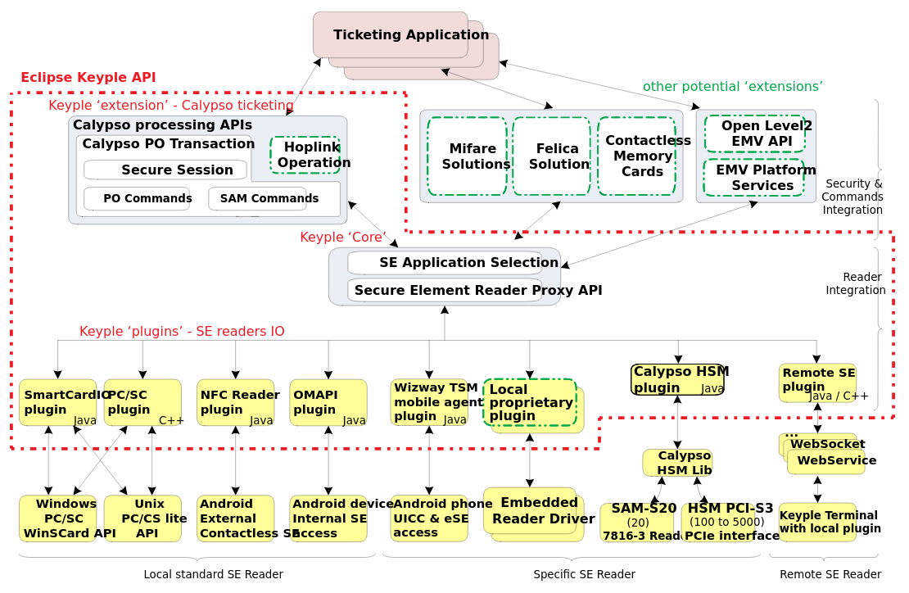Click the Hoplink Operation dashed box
[305, 155]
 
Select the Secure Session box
[165, 170]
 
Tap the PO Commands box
[137, 198]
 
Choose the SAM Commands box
[258, 198]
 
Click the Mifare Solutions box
[467, 156]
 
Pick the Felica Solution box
[551, 156]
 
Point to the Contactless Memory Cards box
[637, 156]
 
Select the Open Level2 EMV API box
[755, 134]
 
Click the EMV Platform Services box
[754, 178]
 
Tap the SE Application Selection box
[445, 262]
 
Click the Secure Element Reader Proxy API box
[445, 290]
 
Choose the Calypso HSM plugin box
[677, 379]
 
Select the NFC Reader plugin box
[236, 402]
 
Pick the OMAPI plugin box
[328, 402]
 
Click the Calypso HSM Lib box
[677, 462]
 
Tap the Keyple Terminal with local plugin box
[817, 522]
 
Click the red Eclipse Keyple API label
[88, 77]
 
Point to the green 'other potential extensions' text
[732, 86]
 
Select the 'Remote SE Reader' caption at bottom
[830, 574]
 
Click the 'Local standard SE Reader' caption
[213, 574]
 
